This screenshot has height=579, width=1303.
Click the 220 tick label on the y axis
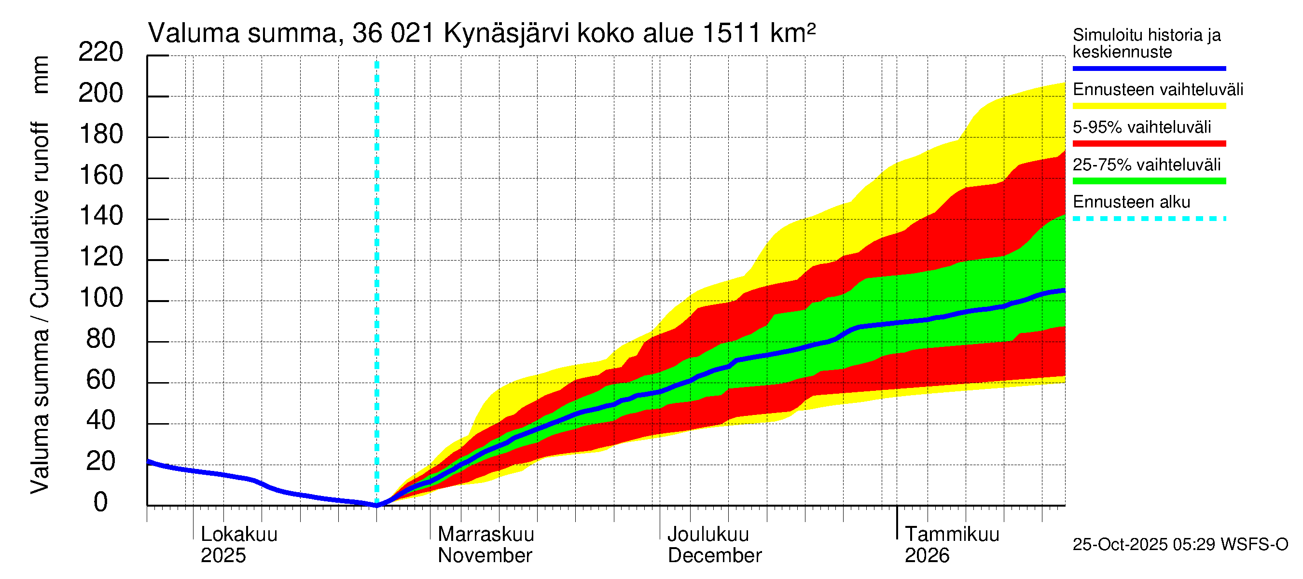pos(101,52)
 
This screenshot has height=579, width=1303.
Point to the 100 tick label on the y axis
pos(101,298)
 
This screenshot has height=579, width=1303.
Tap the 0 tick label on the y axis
pos(101,502)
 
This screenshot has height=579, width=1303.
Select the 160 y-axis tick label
pos(101,176)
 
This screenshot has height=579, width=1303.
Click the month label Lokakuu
pos(239,535)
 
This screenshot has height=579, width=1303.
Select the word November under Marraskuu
pos(485,555)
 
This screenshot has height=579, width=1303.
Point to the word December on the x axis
pos(714,555)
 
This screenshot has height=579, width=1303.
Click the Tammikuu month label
pos(952,535)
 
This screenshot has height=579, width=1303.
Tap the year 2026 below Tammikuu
pos(927,555)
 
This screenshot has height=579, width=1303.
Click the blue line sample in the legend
pos(1149,68)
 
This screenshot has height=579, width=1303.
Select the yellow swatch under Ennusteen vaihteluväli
pos(1149,106)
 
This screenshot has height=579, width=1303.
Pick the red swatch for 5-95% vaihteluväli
pos(1149,144)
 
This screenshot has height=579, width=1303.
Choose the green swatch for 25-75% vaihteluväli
pos(1149,181)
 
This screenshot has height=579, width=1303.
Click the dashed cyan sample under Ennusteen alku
pos(1149,219)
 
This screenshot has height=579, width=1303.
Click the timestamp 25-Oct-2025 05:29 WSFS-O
pos(1180,544)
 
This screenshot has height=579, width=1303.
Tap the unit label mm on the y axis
pos(41,74)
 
